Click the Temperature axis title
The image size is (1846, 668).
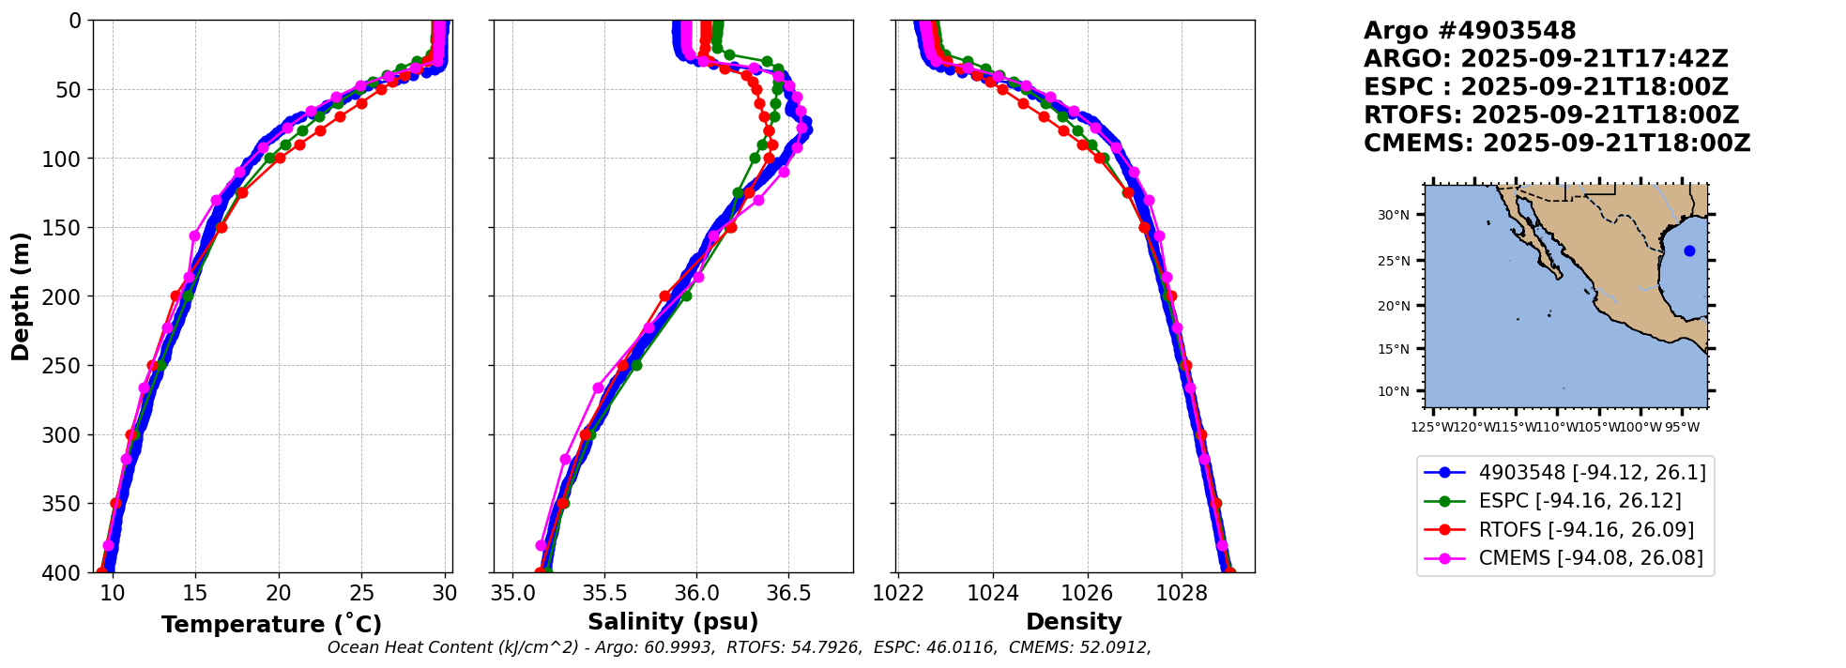[271, 625]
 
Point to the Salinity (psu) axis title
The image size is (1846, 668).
[673, 622]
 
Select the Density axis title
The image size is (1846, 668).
[1074, 622]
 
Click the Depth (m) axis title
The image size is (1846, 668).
[21, 296]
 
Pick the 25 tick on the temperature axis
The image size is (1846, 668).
[361, 593]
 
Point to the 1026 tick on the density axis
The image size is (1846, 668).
[1088, 593]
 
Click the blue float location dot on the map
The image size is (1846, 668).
[1689, 250]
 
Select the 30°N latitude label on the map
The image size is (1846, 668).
[1394, 216]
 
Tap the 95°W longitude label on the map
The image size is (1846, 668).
[1682, 428]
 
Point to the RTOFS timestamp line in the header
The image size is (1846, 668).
[1551, 115]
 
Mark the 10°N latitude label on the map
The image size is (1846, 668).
[1394, 391]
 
